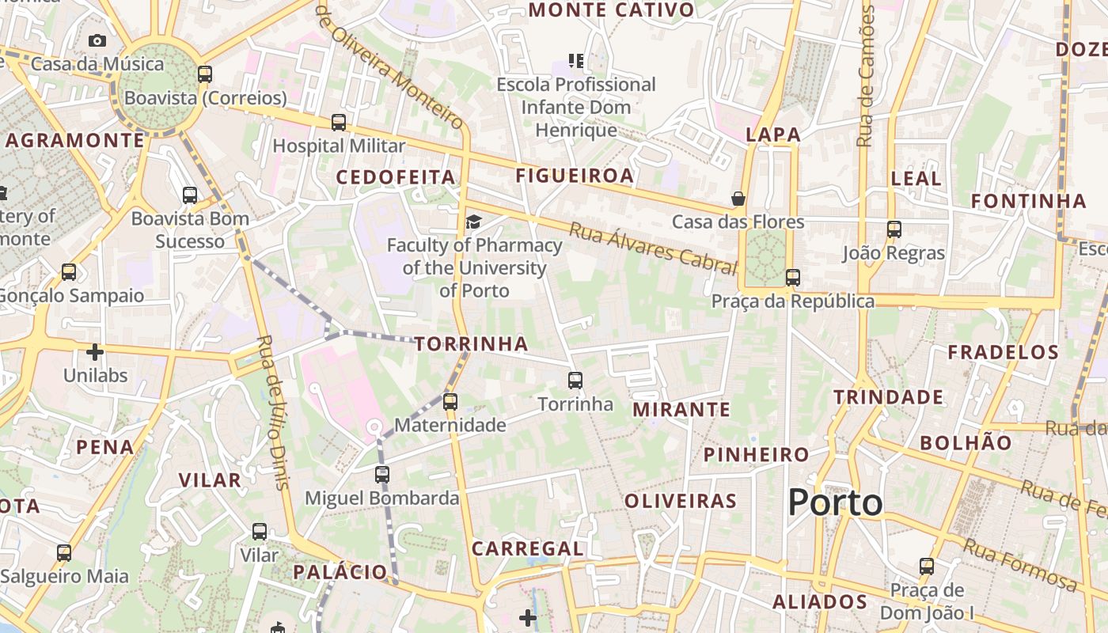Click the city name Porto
(835, 502)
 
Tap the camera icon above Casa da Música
(97, 40)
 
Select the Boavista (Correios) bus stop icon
(205, 74)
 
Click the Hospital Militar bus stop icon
(339, 122)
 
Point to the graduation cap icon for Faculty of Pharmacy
(473, 222)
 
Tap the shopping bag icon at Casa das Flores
(738, 198)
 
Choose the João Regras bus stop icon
(894, 229)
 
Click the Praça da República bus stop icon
(792, 278)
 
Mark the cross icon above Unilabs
(95, 351)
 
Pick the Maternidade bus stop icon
(450, 401)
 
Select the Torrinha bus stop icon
(575, 381)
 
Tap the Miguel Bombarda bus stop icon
(382, 475)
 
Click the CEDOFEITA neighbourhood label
(396, 177)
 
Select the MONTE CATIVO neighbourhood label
(611, 10)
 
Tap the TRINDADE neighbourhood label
(888, 397)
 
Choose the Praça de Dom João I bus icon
(927, 567)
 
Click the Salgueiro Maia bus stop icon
(64, 553)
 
